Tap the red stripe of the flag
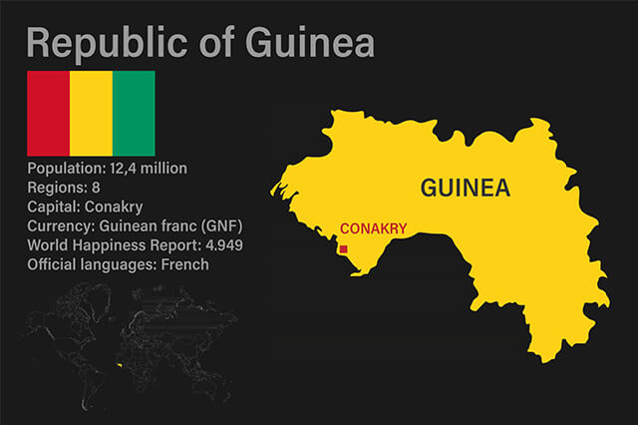47,113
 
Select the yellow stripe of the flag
91,113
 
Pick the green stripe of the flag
134,113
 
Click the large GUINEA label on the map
466,188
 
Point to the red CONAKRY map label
374,228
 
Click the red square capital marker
344,249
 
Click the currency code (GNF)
220,225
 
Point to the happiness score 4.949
220,245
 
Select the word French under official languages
187,264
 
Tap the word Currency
60,225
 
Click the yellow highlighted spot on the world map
119,365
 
